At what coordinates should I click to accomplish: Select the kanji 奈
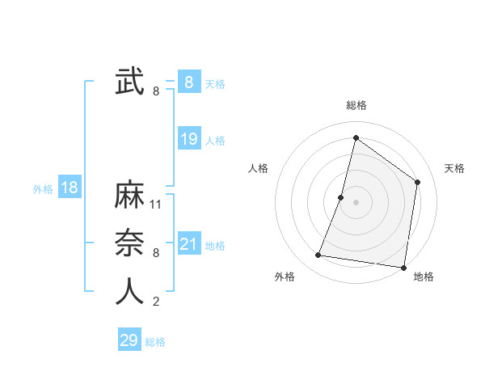point(129,243)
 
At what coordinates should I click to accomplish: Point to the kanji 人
point(129,291)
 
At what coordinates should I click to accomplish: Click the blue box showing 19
point(189,139)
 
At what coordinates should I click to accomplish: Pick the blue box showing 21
point(189,244)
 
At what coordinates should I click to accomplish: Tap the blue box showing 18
point(70,188)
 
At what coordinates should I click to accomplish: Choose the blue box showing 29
point(129,340)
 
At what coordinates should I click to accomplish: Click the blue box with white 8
point(189,82)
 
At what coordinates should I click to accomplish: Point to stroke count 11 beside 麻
point(157,205)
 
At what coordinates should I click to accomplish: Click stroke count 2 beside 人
point(156,302)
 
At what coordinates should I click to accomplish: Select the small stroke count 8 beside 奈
point(156,253)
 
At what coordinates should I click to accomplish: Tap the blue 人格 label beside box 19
point(215,141)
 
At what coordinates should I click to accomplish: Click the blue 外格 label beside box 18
point(43,189)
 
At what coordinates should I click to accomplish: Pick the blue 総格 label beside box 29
point(155,342)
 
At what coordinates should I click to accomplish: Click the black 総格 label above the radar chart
point(356,105)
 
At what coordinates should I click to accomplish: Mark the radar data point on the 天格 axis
point(418,182)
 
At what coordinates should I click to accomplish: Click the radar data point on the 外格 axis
point(318,255)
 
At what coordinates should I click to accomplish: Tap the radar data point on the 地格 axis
point(403,267)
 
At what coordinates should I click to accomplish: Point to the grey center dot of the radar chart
point(356,202)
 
